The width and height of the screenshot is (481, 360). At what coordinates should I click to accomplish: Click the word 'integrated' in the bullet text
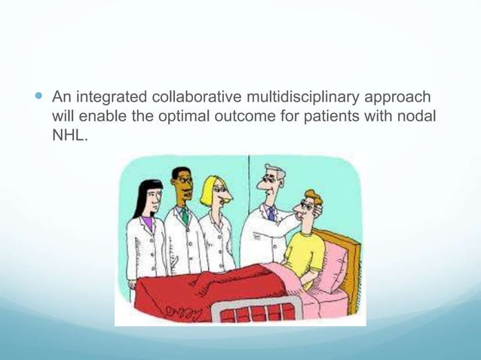click(112, 98)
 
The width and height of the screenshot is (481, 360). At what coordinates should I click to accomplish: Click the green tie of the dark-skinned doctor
click(185, 217)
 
